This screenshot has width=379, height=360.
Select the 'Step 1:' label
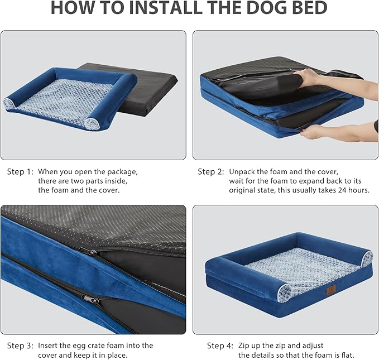[20, 171]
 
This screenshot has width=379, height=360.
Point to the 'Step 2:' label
[211, 171]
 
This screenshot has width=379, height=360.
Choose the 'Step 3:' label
[20, 345]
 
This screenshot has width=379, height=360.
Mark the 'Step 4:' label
[220, 345]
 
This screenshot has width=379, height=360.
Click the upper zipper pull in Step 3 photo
[84, 252]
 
